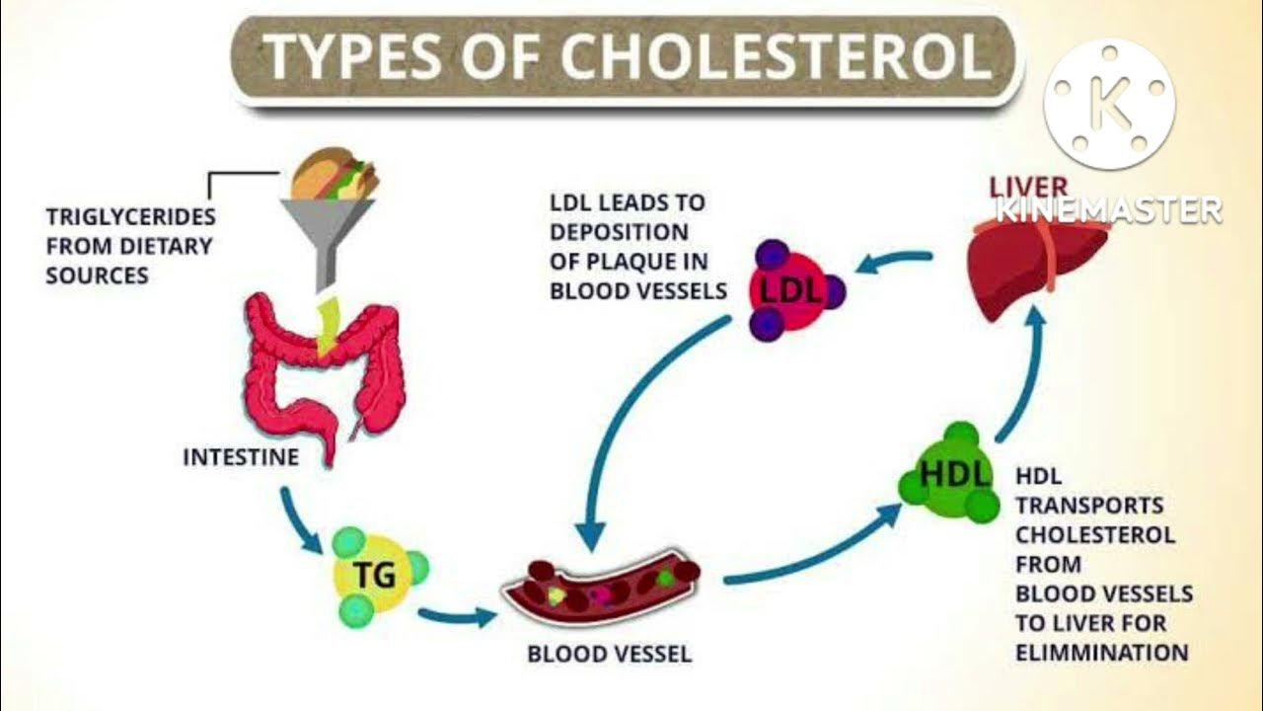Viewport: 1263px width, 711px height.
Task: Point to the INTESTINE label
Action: coord(241,458)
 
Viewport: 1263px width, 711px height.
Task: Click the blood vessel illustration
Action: coord(601,589)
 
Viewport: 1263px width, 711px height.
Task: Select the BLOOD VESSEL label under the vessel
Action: coord(609,654)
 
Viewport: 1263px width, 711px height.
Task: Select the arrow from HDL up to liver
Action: coord(1022,375)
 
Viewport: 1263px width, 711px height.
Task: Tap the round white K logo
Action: coord(1110,104)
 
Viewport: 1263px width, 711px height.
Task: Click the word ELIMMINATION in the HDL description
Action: coord(1101,653)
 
